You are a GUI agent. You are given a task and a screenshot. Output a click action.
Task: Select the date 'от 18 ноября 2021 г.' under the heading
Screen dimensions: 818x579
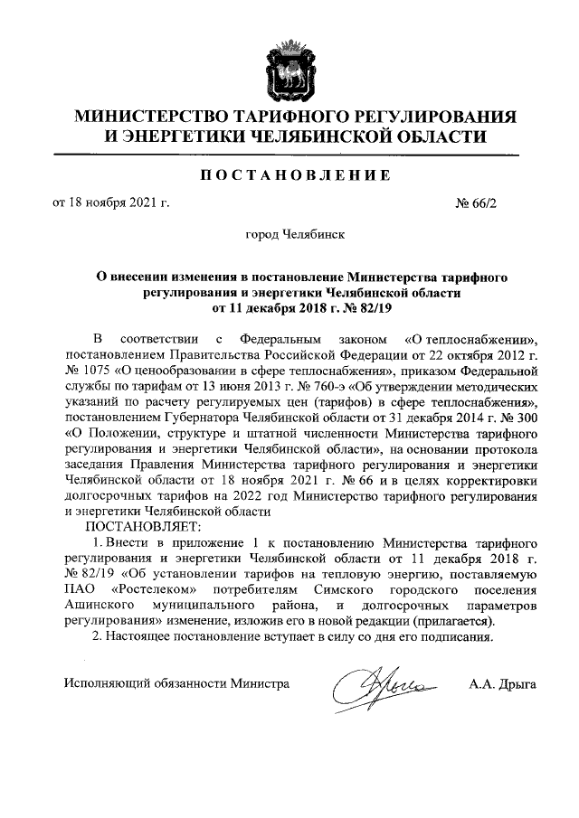[113, 203]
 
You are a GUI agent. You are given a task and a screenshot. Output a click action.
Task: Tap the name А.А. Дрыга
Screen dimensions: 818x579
[502, 683]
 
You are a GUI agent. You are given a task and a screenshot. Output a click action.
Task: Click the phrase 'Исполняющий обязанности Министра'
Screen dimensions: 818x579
[176, 683]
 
